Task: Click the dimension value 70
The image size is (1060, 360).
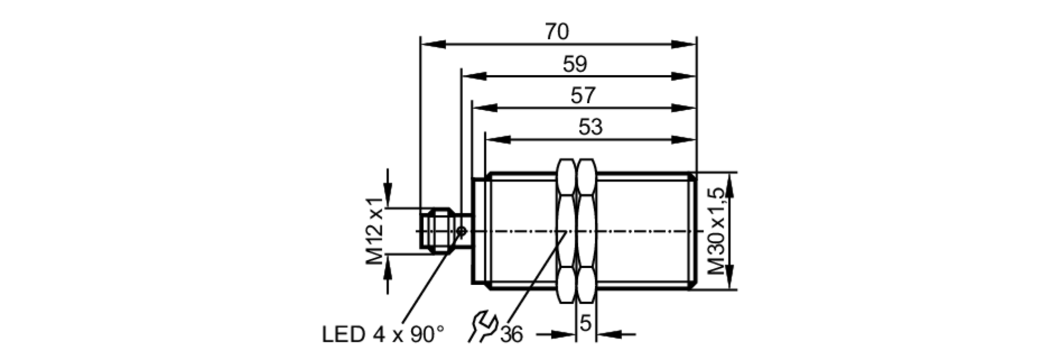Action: coord(556,32)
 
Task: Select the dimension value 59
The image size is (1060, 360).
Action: coord(575,64)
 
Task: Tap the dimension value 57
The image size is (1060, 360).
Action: coord(583,96)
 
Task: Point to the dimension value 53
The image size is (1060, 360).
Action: coord(590,127)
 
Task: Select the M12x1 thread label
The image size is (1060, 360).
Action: coord(375,231)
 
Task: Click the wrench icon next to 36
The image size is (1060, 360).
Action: coord(482,327)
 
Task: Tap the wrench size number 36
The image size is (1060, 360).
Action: coord(512,335)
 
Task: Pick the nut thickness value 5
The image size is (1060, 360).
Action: coord(585,323)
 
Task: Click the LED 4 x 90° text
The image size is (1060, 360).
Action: coord(383,335)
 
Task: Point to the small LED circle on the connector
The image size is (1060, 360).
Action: coord(462,231)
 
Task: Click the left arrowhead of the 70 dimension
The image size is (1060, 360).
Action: coord(432,45)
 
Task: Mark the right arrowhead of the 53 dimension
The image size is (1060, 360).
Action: coord(684,139)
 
